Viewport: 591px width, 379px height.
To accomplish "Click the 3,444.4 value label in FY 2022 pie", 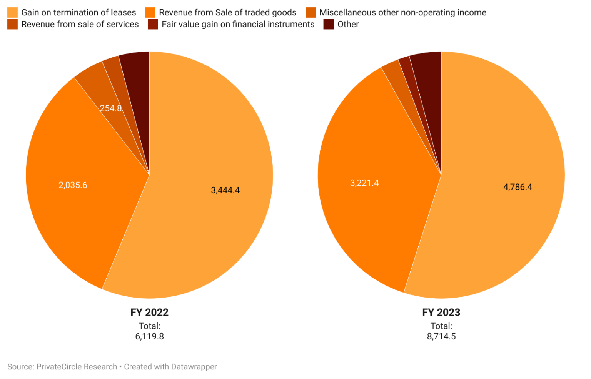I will click(x=225, y=190).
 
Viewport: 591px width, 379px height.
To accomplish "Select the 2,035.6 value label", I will click(x=73, y=185).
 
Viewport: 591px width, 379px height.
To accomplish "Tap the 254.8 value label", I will click(x=110, y=108).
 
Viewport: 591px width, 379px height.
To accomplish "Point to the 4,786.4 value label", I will click(x=518, y=187).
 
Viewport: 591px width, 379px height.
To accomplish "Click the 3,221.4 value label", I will click(x=364, y=183).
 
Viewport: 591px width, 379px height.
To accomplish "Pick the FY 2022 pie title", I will click(x=149, y=312).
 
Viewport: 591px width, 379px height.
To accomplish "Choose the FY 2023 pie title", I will click(x=441, y=312).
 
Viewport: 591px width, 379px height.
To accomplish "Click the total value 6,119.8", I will click(x=149, y=336).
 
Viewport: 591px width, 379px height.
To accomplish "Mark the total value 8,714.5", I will click(x=441, y=336).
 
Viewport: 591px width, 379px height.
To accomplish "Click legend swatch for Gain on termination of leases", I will click(x=12, y=13).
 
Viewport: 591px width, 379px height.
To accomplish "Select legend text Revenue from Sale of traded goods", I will click(x=227, y=13).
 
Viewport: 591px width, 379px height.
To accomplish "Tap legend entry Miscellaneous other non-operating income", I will click(x=402, y=13).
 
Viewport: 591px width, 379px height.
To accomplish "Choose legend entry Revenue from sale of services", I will click(x=80, y=24).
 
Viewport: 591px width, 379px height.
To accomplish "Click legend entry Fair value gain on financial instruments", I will click(x=238, y=24).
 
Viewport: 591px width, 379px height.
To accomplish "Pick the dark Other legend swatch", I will click(x=328, y=24).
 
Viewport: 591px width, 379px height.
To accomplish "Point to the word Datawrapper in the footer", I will click(x=194, y=367).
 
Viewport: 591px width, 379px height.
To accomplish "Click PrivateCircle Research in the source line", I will click(x=77, y=367).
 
